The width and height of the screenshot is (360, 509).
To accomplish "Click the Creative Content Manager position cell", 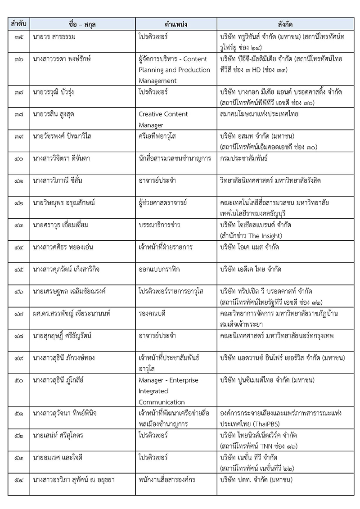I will pyautogui.click(x=163, y=119).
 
